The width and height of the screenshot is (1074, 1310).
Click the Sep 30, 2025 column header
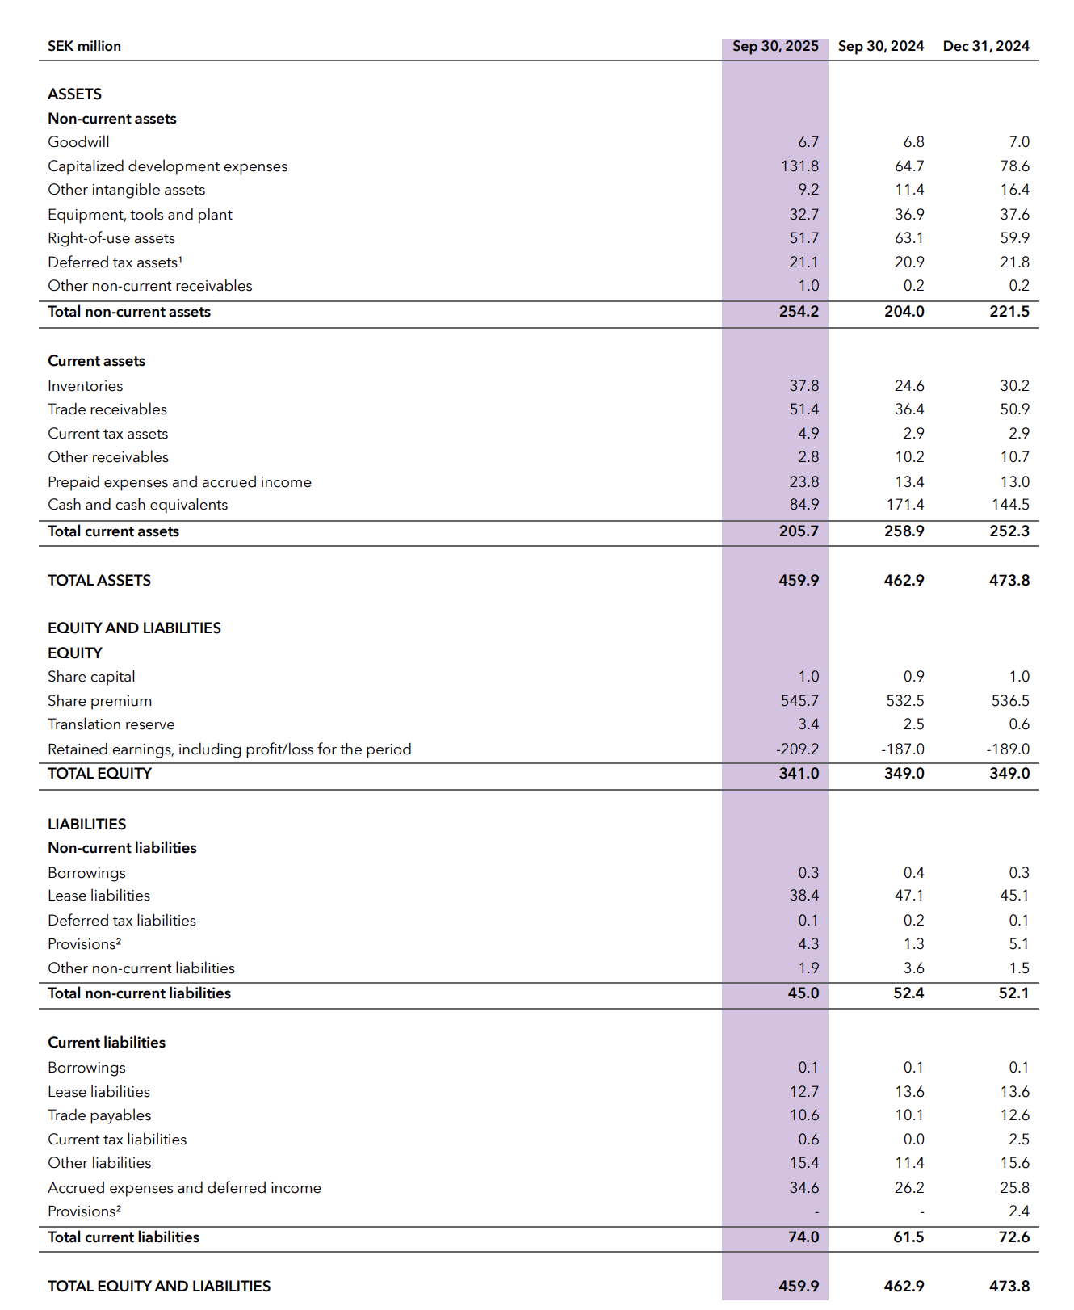coord(774,46)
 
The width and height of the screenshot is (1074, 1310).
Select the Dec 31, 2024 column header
coord(985,46)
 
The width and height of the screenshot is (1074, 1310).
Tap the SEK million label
coord(84,46)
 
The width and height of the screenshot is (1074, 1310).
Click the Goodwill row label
coord(78,142)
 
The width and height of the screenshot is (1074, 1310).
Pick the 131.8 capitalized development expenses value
coord(799,166)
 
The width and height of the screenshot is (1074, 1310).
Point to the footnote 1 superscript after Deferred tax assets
coord(180,259)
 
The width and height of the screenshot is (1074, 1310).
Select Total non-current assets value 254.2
coord(799,312)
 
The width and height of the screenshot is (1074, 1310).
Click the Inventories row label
coord(85,386)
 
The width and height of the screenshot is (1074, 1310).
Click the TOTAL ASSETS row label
coord(99,581)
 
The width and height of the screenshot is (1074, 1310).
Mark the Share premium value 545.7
coord(799,701)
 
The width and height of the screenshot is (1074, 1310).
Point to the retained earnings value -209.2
coord(797,749)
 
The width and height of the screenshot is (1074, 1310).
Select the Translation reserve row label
coord(111,724)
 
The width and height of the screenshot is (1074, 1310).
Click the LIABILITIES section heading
coord(86,825)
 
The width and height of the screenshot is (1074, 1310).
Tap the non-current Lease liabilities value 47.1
coord(908,896)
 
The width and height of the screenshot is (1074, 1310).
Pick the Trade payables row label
coord(99,1115)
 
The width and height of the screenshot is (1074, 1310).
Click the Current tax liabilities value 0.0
coord(913,1140)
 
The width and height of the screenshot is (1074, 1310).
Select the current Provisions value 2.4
coord(1018,1211)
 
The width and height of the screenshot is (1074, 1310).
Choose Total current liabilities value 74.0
coord(803,1237)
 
